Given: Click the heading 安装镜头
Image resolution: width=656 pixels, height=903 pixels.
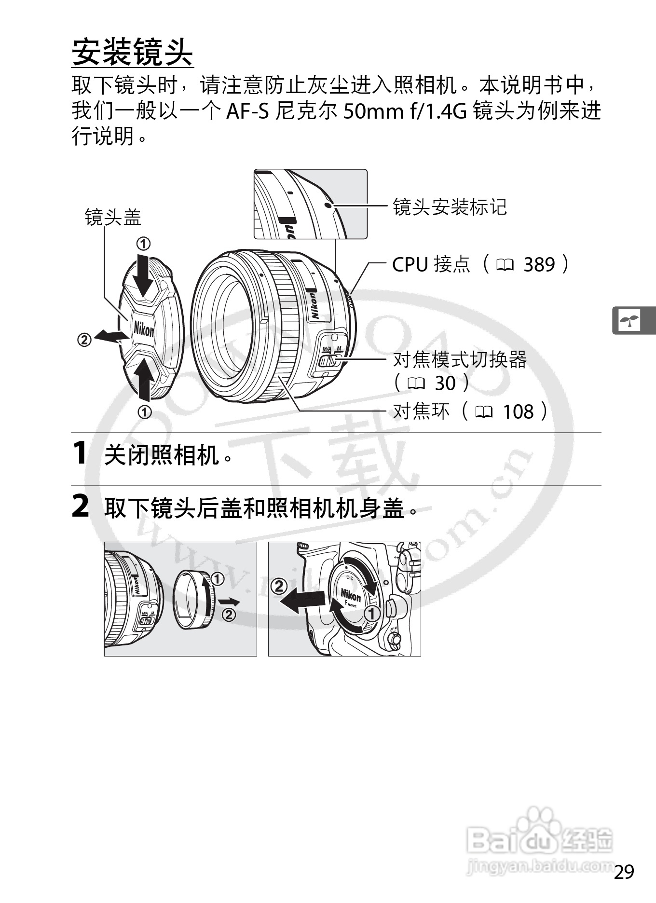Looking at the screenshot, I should [132, 52].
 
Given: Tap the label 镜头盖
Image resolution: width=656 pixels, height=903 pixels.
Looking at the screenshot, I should [113, 217].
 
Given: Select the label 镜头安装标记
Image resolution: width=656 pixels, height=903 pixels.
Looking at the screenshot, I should [450, 207].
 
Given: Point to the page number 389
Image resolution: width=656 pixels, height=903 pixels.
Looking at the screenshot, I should [539, 264].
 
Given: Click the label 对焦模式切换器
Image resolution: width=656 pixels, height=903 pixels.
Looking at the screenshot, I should [460, 359].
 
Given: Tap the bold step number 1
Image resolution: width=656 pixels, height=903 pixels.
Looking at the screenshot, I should [80, 453].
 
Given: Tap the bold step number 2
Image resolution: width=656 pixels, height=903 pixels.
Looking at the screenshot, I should [80, 506].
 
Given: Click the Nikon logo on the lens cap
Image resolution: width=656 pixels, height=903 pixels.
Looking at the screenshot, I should [144, 330].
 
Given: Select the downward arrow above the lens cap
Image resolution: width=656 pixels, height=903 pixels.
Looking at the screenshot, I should [143, 275].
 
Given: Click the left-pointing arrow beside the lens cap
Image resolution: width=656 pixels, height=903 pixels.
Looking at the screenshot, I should [107, 336].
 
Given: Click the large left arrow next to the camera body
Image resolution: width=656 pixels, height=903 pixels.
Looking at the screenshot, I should [302, 601].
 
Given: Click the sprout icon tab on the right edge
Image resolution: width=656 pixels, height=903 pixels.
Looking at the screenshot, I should [631, 320].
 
